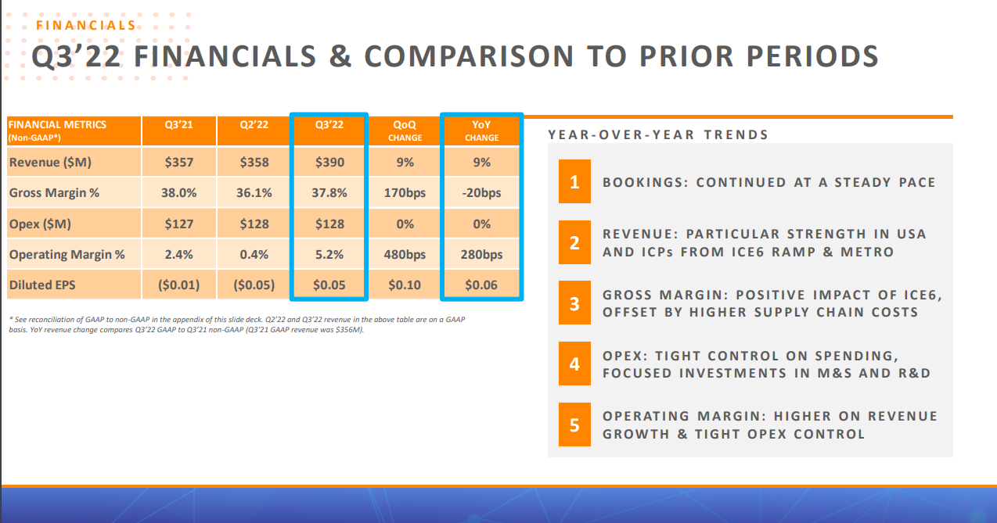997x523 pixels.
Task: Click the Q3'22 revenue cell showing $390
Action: point(329,163)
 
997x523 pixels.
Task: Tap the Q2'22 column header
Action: point(253,124)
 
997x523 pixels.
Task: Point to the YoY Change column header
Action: point(481,130)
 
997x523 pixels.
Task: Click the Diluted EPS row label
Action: point(42,285)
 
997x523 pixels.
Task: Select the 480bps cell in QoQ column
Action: point(405,255)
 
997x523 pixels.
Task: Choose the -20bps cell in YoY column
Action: point(482,193)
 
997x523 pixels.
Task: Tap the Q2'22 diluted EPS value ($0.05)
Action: point(254,285)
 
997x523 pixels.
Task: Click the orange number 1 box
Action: point(574,182)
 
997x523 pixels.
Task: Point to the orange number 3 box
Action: point(574,303)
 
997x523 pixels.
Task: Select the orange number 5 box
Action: point(574,425)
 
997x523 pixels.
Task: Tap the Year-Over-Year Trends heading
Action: point(658,134)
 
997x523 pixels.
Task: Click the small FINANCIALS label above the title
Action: point(86,25)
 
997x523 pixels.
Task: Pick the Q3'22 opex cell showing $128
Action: point(329,224)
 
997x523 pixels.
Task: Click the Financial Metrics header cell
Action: point(73,130)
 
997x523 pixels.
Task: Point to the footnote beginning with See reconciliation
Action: point(235,324)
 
